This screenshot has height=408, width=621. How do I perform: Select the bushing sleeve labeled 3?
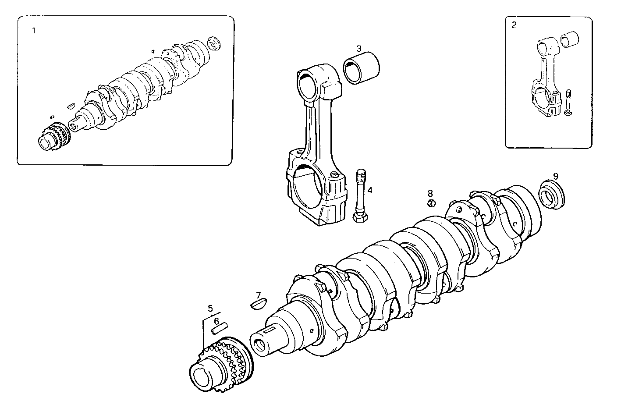tap(362, 68)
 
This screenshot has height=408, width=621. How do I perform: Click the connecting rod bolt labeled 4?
tap(360, 195)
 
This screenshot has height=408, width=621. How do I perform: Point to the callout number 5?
tap(210, 308)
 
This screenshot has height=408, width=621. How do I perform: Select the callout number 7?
tap(258, 295)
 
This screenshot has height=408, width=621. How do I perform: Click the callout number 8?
tap(430, 193)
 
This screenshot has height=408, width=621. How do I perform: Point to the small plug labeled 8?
tap(431, 203)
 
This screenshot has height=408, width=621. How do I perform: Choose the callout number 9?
tap(555, 176)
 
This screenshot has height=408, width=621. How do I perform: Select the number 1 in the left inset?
tap(33, 31)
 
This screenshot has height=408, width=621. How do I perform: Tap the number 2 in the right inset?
tap(514, 25)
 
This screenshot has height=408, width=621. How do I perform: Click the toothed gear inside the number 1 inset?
tap(53, 137)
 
